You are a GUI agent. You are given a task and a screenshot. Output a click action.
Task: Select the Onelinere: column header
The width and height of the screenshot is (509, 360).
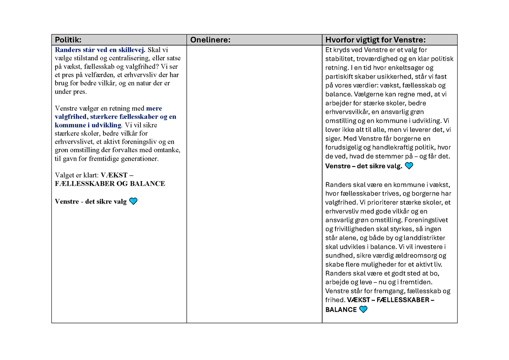(210, 40)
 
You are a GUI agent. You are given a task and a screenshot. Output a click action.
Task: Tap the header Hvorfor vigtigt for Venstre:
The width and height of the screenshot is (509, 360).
(375, 40)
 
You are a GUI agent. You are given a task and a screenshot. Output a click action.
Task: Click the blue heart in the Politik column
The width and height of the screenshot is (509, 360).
(133, 201)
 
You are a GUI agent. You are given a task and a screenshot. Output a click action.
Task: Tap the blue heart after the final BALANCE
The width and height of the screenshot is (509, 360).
(363, 310)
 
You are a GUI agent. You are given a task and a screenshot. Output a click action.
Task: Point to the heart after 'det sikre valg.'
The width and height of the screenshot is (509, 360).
(409, 166)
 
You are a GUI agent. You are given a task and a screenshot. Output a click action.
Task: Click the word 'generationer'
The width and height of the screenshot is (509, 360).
(139, 159)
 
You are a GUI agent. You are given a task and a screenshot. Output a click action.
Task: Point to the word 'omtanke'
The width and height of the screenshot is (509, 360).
(168, 150)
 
